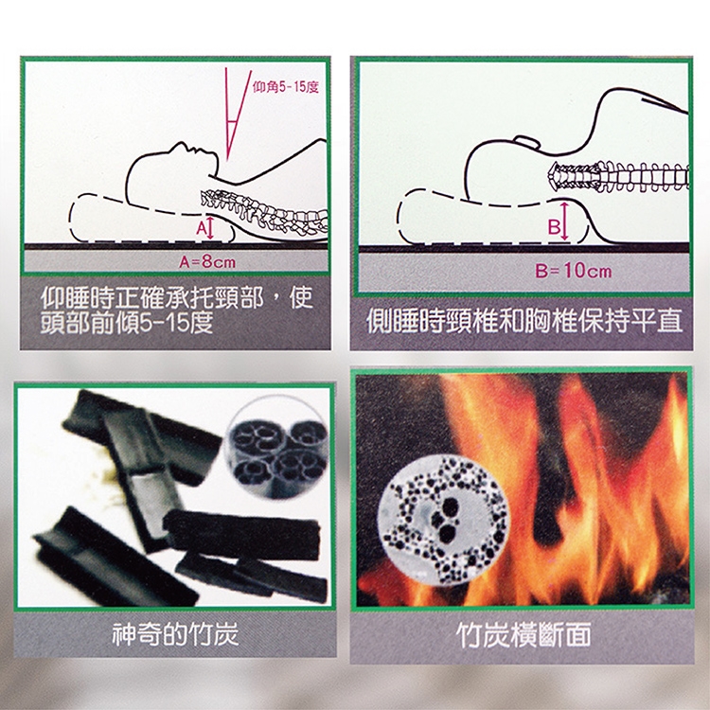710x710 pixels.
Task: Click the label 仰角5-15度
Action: tap(285, 87)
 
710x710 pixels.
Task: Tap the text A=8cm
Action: tap(207, 262)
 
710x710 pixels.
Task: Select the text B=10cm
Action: tap(573, 272)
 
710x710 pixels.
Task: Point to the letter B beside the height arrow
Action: tap(554, 226)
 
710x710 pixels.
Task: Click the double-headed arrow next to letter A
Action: tap(210, 228)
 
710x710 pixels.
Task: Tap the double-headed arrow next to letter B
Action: tap(564, 222)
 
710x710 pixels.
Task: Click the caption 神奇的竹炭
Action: tap(175, 634)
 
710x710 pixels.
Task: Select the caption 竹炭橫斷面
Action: tap(524, 634)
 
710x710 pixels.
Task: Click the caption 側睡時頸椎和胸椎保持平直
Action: tap(524, 321)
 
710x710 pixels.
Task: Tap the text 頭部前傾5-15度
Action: tap(127, 323)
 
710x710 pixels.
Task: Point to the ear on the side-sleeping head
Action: tap(526, 141)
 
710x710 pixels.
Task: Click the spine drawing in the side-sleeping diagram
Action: tap(619, 176)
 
